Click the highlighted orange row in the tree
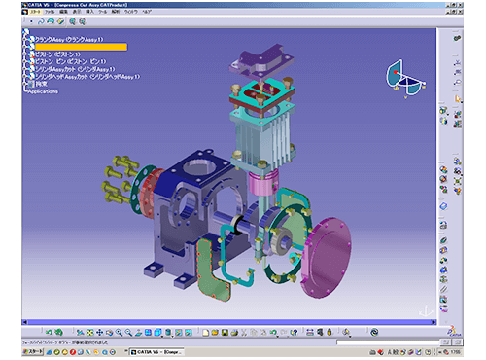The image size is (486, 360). point(78,46)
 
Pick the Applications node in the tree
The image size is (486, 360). point(43,91)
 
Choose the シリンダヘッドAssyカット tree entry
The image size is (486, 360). point(87,77)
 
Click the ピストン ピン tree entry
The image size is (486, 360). point(73,61)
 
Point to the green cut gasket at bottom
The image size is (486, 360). point(208,268)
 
